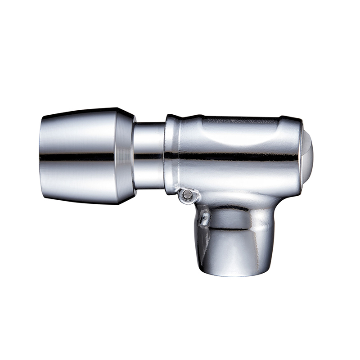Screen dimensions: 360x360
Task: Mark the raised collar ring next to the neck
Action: (171, 153)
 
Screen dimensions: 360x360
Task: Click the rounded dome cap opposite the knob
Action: (308, 153)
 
